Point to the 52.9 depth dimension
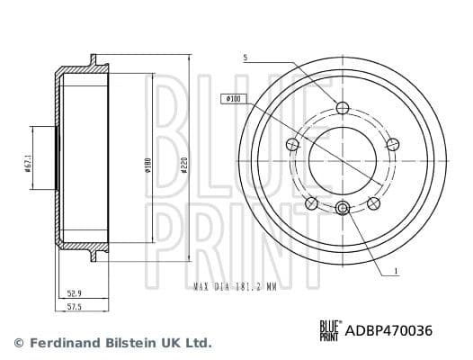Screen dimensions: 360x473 pyautogui.click(x=76, y=292)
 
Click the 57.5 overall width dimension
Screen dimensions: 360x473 pyautogui.click(x=76, y=308)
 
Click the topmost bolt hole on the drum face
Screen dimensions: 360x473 pyautogui.click(x=341, y=108)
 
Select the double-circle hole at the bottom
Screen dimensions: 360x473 pyautogui.click(x=341, y=209)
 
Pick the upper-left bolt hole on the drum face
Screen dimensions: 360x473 pyautogui.click(x=291, y=144)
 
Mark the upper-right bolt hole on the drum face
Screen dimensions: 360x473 pyautogui.click(x=391, y=144)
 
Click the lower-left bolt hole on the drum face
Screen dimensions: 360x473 pyautogui.click(x=311, y=202)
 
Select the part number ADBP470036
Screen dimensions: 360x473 pyautogui.click(x=389, y=330)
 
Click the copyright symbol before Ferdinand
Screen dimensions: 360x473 pyautogui.click(x=17, y=343)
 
